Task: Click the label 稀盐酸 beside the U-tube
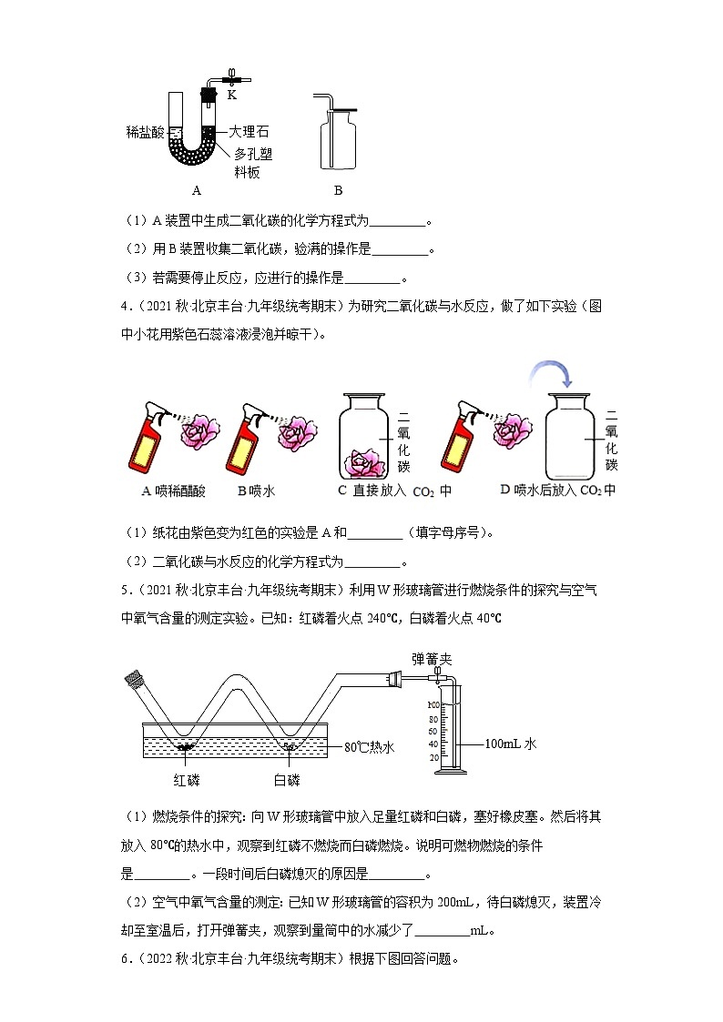tap(146, 132)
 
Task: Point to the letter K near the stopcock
tap(231, 94)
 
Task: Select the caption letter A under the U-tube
tap(196, 191)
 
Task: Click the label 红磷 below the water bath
tap(187, 780)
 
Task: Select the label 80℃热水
tap(371, 747)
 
